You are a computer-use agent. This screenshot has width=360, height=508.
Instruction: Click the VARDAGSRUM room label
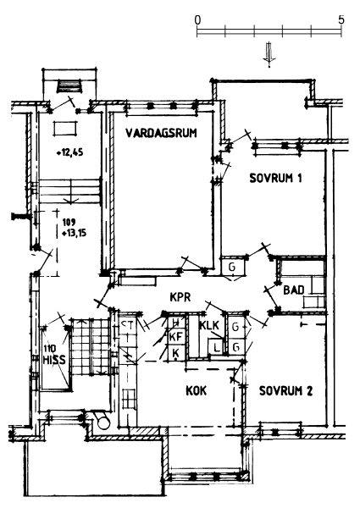click(161, 133)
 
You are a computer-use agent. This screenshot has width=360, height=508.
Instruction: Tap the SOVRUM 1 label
click(275, 178)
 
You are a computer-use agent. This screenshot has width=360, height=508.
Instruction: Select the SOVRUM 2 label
click(285, 391)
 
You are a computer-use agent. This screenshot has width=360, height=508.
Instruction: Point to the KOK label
click(196, 390)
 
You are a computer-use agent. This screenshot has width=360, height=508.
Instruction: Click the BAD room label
click(294, 290)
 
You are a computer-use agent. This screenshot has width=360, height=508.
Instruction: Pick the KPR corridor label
click(180, 297)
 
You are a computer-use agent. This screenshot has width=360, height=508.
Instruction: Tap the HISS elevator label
click(54, 360)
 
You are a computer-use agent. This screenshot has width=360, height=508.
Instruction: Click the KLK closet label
click(209, 325)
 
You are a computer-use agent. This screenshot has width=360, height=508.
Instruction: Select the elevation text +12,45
click(69, 152)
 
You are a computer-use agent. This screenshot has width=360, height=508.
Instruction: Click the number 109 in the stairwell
click(69, 223)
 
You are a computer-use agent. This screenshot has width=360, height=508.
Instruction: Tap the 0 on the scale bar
click(197, 20)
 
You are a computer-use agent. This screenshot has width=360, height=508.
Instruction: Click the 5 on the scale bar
click(341, 20)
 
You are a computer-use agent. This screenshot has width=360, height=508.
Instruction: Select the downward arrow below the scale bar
click(269, 54)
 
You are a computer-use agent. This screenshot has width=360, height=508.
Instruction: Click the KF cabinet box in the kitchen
click(176, 337)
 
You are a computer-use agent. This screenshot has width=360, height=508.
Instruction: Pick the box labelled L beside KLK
click(216, 348)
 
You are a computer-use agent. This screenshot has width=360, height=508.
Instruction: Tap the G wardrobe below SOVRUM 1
click(232, 267)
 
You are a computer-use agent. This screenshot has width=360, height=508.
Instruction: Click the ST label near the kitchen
click(126, 324)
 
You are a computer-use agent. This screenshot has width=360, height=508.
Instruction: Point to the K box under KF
click(176, 352)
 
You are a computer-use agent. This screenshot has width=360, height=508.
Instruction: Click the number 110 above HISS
click(50, 349)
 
